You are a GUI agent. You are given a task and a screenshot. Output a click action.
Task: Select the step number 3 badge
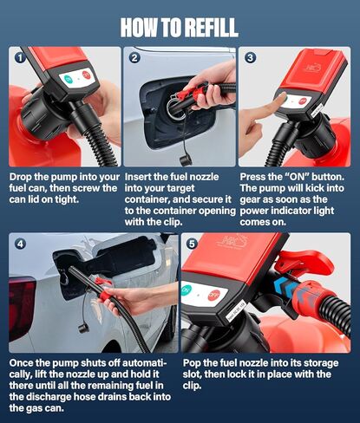[x=250, y=58]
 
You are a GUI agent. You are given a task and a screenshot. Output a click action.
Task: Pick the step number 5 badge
[x=193, y=244]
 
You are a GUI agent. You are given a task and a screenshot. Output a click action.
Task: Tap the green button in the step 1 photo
[x=68, y=79]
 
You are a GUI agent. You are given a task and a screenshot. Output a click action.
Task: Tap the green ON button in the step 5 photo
[x=186, y=290]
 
